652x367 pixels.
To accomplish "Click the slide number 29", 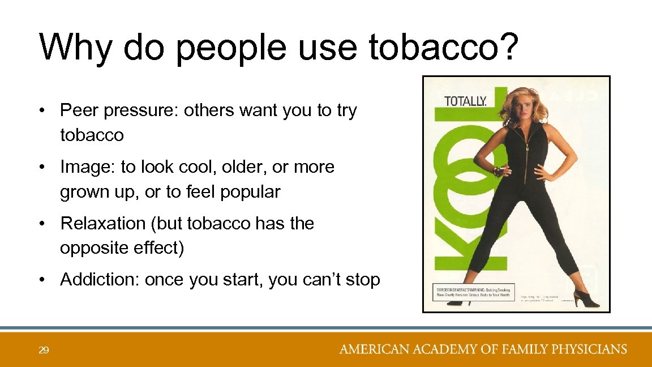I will click(44, 350).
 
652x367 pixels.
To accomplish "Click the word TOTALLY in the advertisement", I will click(465, 102).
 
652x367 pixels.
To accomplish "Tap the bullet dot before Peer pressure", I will click(43, 110).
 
